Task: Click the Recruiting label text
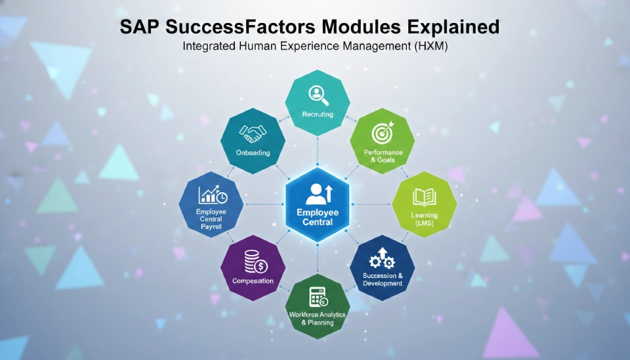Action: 318,114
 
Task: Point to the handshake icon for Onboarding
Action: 253,134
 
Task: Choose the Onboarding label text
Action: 253,153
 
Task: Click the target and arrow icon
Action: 383,133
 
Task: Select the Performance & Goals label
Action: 382,156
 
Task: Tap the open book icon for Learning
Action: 423,196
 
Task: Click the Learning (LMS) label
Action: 423,219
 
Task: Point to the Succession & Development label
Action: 382,280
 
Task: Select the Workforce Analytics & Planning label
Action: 318,318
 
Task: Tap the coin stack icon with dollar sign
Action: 253,262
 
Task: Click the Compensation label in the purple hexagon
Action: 253,281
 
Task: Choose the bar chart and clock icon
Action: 213,195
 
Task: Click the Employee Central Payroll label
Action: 212,218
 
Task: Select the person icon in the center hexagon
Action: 318,193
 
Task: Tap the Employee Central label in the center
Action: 318,217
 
